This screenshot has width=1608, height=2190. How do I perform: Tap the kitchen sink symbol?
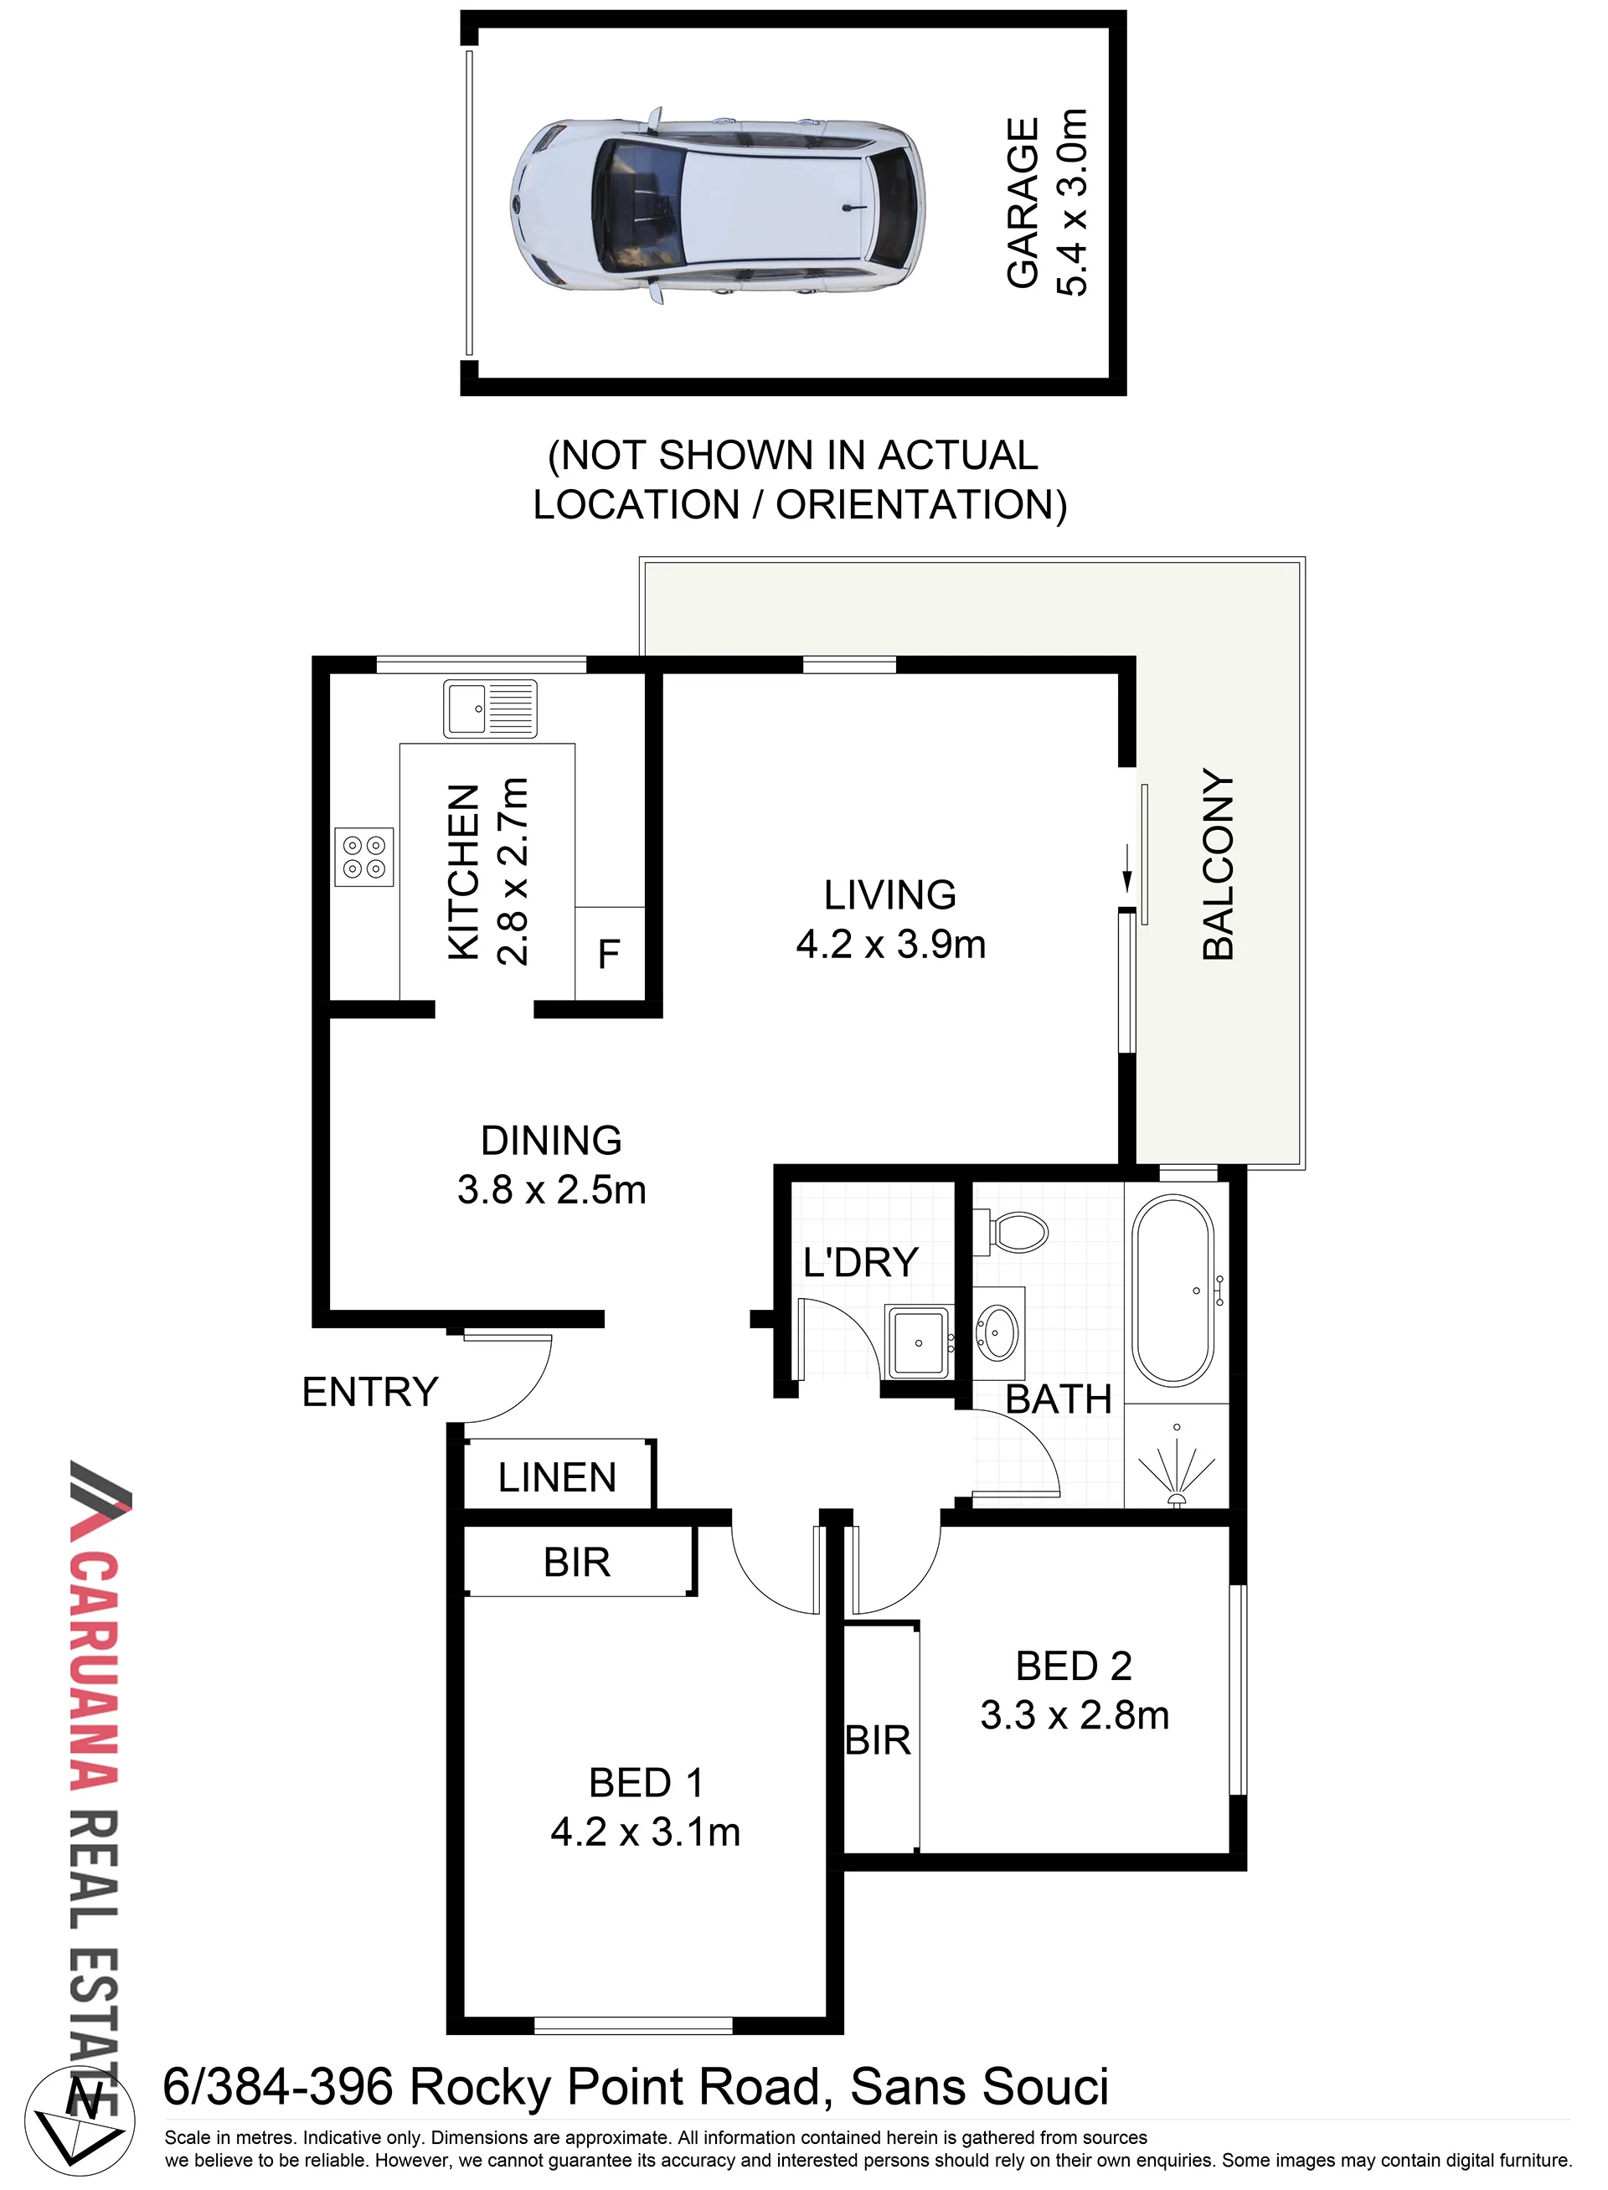coord(490,708)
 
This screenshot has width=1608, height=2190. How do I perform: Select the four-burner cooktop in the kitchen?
coord(364,857)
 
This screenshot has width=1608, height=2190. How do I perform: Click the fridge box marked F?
coord(610,953)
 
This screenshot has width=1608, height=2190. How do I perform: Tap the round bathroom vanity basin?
coord(998,1332)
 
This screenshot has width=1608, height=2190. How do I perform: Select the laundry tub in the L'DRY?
coord(917,1342)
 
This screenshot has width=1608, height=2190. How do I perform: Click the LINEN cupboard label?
coord(557,1477)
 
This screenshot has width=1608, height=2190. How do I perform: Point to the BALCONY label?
coord(1218,864)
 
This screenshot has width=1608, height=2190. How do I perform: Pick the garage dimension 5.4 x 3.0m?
coord(1072,203)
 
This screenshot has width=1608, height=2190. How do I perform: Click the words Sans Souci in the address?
coord(979,2088)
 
